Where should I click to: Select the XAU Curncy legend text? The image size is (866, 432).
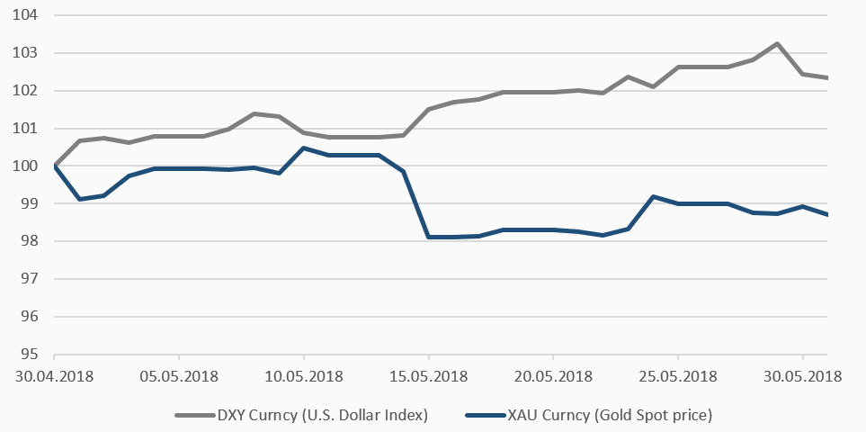coord(612,415)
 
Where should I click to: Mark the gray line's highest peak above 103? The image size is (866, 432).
coord(777,43)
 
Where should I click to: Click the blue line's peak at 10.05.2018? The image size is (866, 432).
coord(303,148)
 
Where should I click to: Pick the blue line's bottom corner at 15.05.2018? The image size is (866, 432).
coord(428,237)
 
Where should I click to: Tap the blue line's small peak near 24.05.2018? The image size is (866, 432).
coord(652,196)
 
